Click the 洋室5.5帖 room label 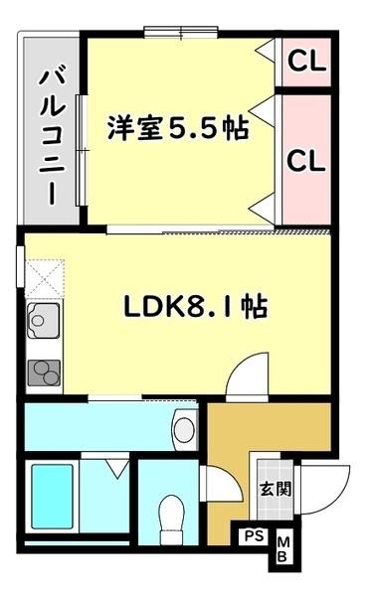tap(178, 128)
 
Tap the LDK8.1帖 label tap(196, 307)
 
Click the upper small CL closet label tap(307, 61)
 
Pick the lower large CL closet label tap(306, 160)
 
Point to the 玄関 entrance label tap(275, 489)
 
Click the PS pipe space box tap(254, 536)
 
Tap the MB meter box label tap(282, 549)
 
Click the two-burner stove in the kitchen tap(44, 372)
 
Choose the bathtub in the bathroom tap(52, 497)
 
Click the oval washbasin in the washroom tap(185, 429)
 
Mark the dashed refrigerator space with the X tap(45, 278)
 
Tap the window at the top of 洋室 tap(181, 32)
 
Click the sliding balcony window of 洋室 tap(82, 151)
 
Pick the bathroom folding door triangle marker tap(117, 468)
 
